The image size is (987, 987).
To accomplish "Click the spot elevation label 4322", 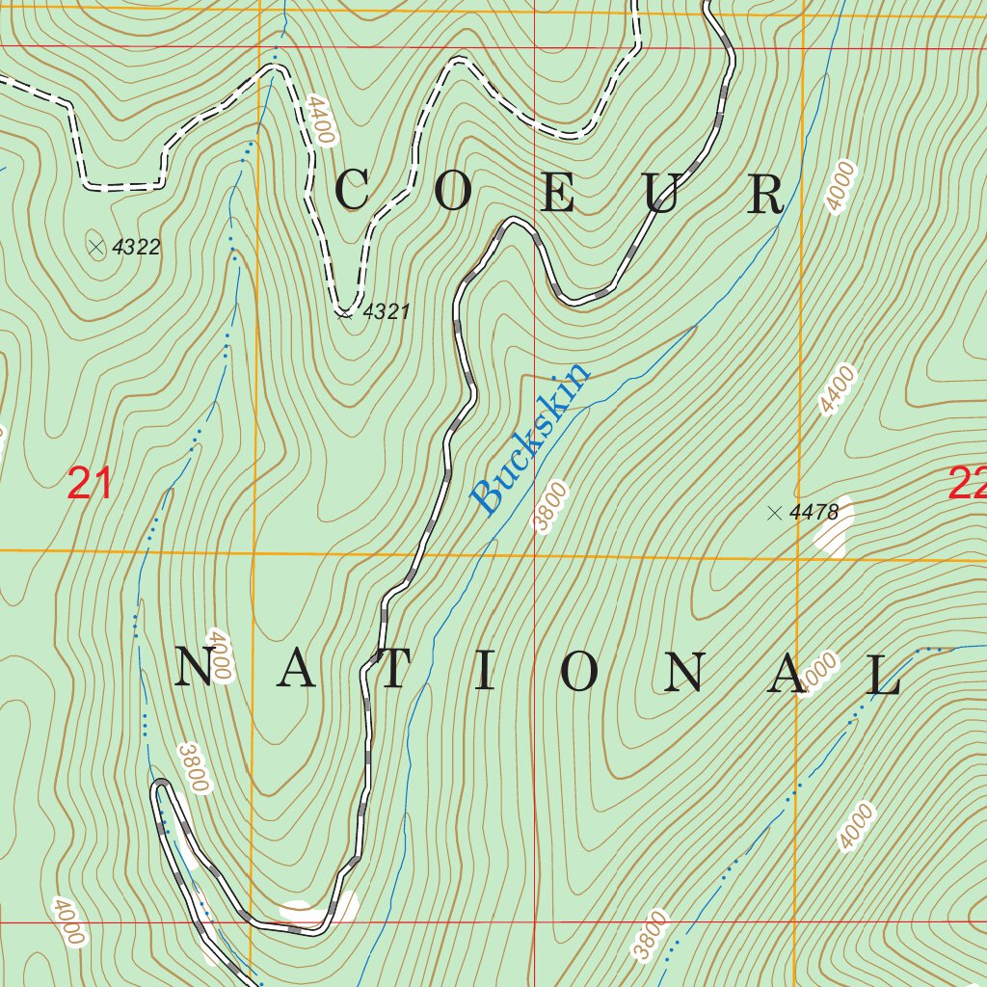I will coord(136,248).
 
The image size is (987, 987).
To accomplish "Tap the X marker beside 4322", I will coord(96,248).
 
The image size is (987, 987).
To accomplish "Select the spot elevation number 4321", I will coord(387,311).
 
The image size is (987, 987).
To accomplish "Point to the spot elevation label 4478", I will coord(814,513).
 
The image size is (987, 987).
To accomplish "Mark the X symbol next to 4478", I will coord(774,513).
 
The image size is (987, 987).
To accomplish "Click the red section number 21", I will coord(90,483).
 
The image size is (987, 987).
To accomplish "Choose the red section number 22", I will coord(967,483).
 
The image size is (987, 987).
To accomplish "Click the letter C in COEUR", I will coord(353,191).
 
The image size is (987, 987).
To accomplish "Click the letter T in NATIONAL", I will coord(390,672).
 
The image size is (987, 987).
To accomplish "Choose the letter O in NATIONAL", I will coord(580,672).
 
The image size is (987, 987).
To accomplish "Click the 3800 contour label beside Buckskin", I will coord(547,507).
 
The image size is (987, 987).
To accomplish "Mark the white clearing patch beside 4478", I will coord(835,530).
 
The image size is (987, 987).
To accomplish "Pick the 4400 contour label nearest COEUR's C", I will coord(320,120).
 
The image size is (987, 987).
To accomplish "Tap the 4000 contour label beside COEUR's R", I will coord(840,186).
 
